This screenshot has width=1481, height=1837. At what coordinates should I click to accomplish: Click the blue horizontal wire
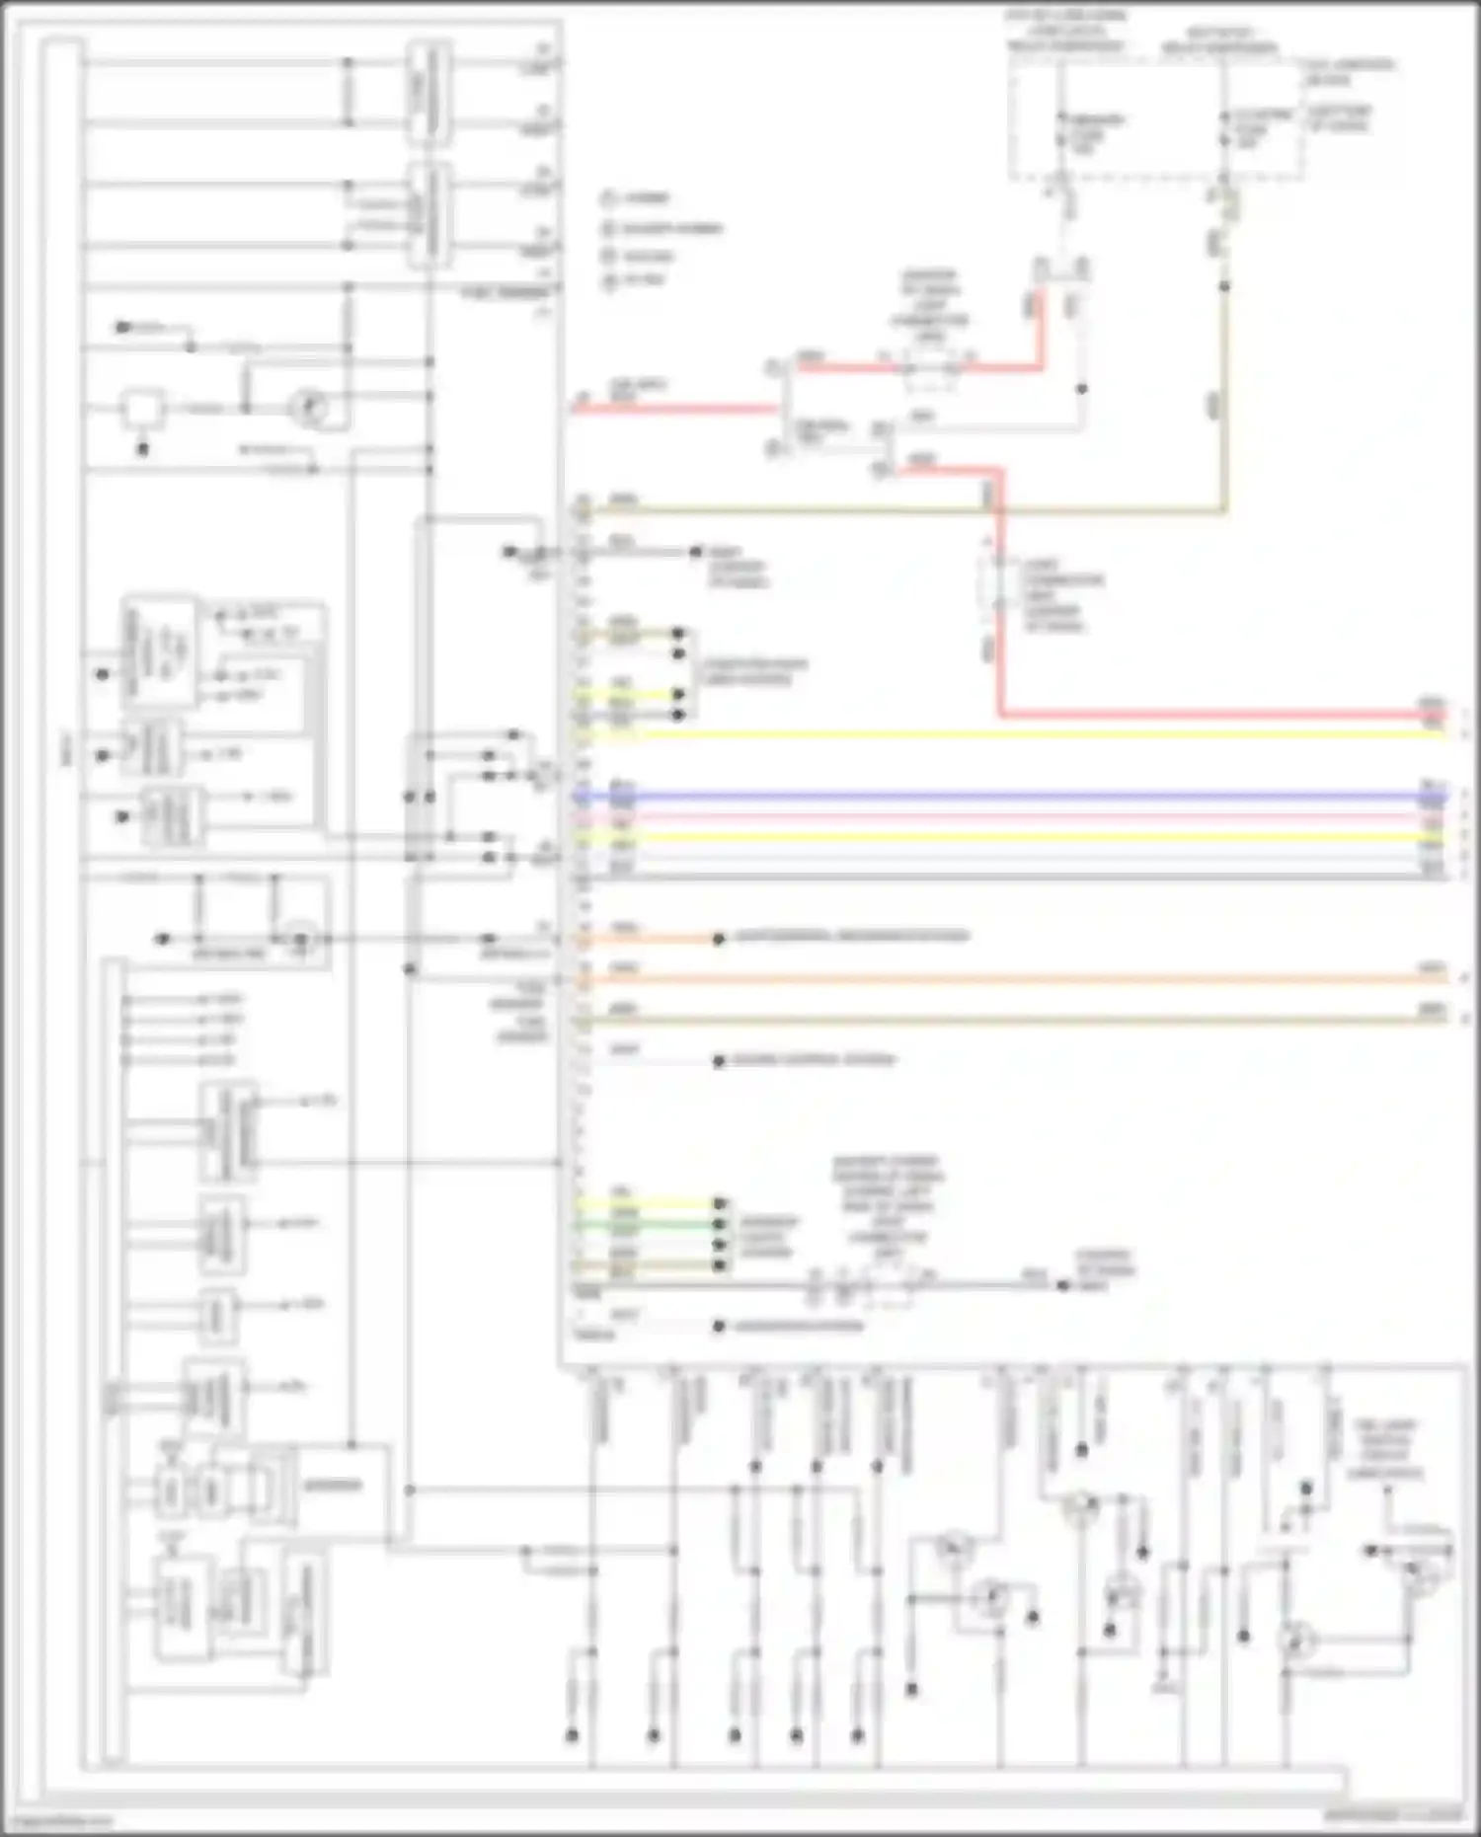pyautogui.click(x=987, y=796)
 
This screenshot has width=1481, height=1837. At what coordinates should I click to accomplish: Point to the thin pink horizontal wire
pyautogui.click(x=987, y=817)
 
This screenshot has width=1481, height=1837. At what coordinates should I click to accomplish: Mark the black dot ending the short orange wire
pyautogui.click(x=719, y=939)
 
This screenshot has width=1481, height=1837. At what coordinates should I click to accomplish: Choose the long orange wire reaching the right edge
pyautogui.click(x=987, y=979)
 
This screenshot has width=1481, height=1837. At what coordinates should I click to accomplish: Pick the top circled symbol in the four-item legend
pyautogui.click(x=608, y=198)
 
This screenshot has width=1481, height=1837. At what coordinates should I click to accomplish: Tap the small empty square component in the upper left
pyautogui.click(x=142, y=408)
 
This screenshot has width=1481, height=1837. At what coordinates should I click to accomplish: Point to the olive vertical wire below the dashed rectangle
pyautogui.click(x=1224, y=395)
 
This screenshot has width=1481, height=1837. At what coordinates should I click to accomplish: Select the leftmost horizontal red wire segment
pyautogui.click(x=671, y=407)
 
